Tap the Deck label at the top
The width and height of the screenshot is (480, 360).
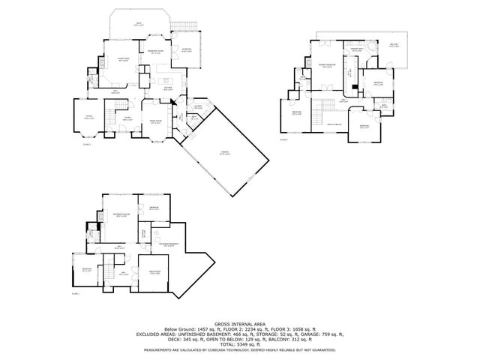coord(137,25)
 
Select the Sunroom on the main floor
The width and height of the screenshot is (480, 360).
coord(187,50)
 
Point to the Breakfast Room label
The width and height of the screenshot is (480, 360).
coord(157,53)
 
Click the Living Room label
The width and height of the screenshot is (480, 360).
coord(122,61)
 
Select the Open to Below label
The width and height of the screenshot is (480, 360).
coord(334,124)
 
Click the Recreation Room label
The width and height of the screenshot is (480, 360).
coord(121,214)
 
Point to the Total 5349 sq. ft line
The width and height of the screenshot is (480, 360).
coord(239,343)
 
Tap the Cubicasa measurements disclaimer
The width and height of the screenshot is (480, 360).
coord(239,349)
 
